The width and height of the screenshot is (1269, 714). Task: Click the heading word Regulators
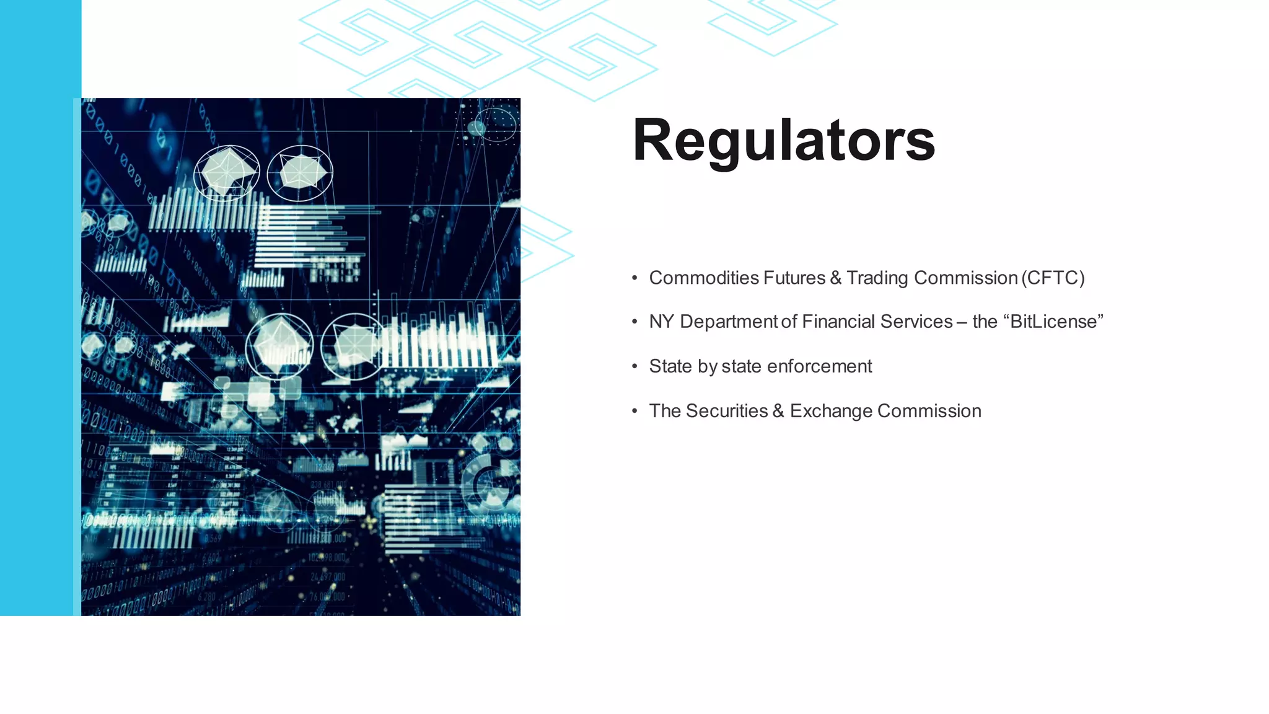(783, 141)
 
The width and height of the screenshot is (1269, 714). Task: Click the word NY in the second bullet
(661, 322)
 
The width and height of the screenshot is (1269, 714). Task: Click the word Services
(916, 322)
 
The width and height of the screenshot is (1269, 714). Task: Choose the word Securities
(727, 411)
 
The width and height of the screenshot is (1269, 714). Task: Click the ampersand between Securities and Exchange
(778, 411)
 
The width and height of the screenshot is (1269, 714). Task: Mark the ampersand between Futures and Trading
(836, 278)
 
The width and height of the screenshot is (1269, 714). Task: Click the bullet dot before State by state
(634, 367)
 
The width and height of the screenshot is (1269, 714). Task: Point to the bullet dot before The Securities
(634, 412)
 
